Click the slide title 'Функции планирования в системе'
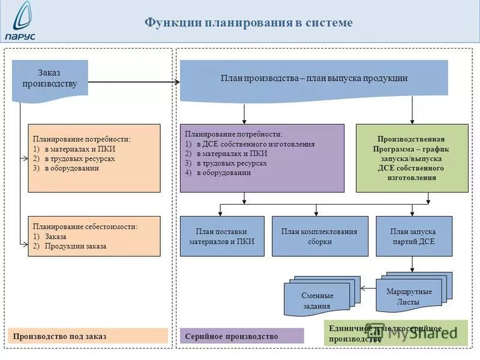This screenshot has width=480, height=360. pos(248,23)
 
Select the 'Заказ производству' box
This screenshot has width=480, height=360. pos(50,78)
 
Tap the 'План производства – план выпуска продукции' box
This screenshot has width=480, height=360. pos(314,79)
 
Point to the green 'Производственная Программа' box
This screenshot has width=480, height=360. pos(412,158)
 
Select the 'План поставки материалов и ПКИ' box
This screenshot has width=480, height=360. pos(222,236)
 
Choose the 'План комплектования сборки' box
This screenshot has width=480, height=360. pos(319,236)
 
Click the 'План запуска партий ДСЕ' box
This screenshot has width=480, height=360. pos(412,236)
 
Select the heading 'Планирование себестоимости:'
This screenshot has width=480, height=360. pos(85,227)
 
